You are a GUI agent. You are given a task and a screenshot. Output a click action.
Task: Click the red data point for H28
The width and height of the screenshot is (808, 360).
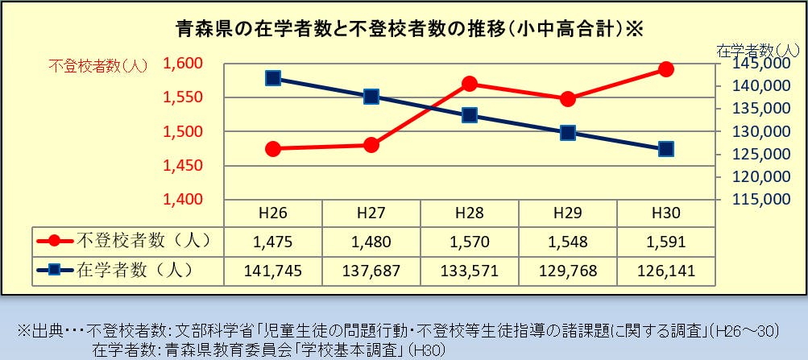(470, 84)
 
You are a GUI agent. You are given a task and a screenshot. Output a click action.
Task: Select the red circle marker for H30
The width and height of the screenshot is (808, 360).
(665, 69)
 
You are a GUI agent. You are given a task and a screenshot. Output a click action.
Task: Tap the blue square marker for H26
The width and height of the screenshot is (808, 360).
(273, 78)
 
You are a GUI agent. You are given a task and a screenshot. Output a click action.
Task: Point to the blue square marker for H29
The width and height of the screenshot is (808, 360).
(567, 133)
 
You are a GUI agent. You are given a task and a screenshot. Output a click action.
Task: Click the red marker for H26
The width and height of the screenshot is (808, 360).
(273, 149)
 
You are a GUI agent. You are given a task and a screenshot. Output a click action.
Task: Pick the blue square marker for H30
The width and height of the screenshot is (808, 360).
(665, 149)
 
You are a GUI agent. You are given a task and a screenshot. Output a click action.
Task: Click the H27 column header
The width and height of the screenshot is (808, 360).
(371, 213)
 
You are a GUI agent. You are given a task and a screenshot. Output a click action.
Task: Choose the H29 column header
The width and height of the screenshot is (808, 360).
(568, 213)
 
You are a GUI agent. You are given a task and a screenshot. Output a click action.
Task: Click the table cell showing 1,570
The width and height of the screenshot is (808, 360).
(470, 241)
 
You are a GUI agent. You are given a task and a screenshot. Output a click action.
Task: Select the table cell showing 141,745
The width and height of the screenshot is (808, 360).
(273, 270)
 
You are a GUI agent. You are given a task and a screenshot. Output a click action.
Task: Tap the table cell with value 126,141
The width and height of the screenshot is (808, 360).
(665, 270)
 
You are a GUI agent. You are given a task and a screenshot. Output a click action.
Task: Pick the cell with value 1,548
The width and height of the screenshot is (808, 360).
(568, 241)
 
